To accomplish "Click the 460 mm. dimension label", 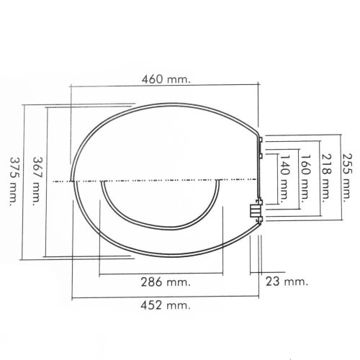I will pyautogui.click(x=165, y=78).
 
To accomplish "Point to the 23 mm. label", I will pyautogui.click(x=285, y=280).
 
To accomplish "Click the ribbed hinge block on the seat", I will pyautogui.click(x=253, y=210).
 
